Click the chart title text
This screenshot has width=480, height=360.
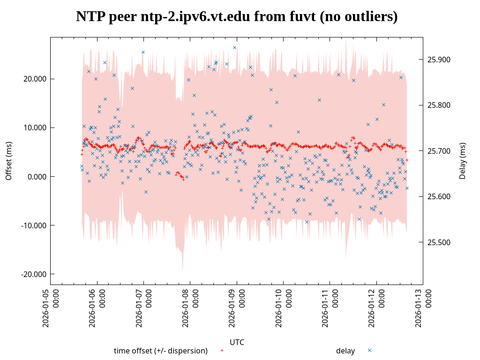pos(237,17)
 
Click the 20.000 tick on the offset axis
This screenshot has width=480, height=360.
pos(36,79)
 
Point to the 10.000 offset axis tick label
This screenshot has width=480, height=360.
pos(36,127)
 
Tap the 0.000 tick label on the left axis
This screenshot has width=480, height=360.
pos(37,177)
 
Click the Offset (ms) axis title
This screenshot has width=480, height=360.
pos(8,161)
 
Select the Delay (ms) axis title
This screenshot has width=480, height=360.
pos(463,161)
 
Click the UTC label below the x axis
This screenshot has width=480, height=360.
pos(237,342)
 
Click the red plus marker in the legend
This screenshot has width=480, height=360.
pos(222,351)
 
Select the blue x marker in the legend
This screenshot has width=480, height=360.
pos(369,351)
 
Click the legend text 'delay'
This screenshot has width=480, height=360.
pos(345,351)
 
